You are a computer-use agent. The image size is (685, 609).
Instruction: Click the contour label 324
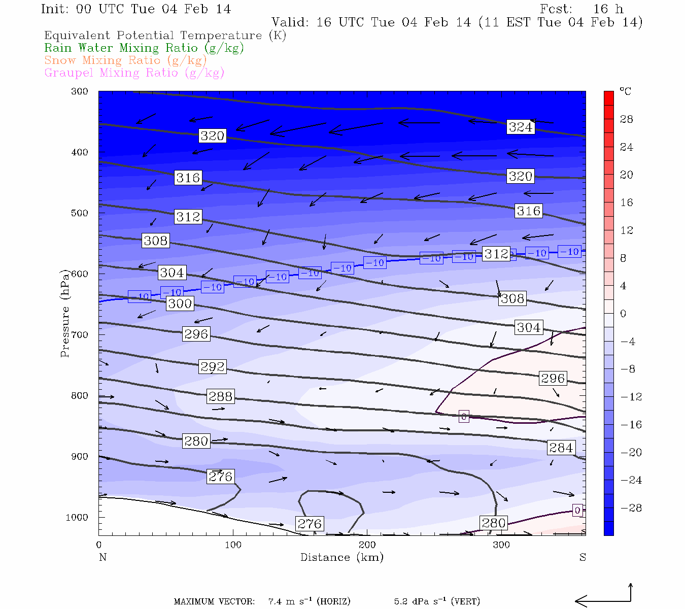pyautogui.click(x=521, y=127)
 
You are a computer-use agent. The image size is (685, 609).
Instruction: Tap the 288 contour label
pyautogui.click(x=221, y=396)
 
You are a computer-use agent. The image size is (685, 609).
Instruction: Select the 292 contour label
pyautogui.click(x=213, y=366)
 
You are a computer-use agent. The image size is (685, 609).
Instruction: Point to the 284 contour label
pyautogui.click(x=561, y=448)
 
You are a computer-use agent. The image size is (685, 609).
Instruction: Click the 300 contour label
pyautogui.click(x=180, y=303)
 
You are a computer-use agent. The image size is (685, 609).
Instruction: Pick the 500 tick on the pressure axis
pyautogui.click(x=80, y=213)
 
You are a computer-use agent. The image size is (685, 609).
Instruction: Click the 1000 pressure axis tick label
pyautogui.click(x=77, y=517)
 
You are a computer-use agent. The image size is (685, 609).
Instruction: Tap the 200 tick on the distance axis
pyautogui.click(x=367, y=545)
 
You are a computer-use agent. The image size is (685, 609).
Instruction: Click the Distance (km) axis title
pyautogui.click(x=342, y=557)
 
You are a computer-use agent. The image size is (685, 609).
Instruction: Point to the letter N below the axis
pyautogui.click(x=102, y=557)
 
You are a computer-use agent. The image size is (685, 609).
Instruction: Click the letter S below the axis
pyautogui.click(x=583, y=557)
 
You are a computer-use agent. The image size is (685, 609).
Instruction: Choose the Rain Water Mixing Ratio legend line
pyautogui.click(x=144, y=48)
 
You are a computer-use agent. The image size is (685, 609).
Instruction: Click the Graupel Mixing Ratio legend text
pyautogui.click(x=134, y=73)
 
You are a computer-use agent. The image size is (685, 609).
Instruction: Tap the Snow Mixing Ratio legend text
pyautogui.click(x=125, y=60)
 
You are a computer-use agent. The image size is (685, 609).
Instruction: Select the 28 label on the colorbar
pyautogui.click(x=627, y=119)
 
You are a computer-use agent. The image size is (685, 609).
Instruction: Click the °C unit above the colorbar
pyautogui.click(x=625, y=91)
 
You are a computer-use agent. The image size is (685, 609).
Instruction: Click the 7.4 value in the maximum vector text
pyautogui.click(x=276, y=602)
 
